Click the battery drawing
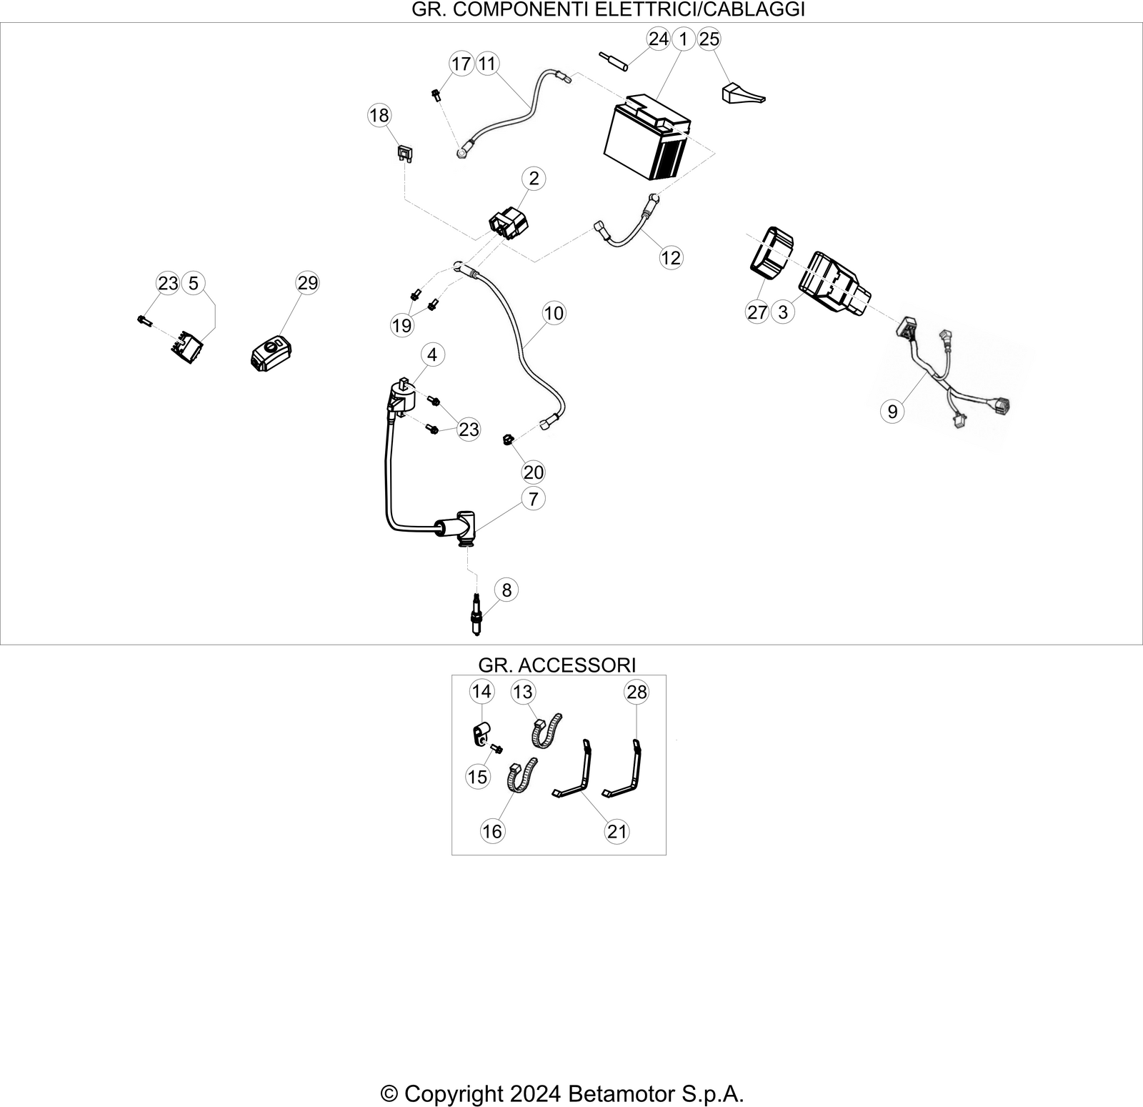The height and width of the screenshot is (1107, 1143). (x=647, y=139)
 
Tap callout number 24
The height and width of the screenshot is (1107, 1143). (x=658, y=39)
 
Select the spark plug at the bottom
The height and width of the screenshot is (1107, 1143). (x=476, y=614)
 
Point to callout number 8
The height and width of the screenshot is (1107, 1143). (x=506, y=590)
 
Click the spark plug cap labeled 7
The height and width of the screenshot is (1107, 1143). (x=459, y=529)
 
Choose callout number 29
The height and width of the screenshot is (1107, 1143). (x=307, y=283)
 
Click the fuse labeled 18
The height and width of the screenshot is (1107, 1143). (x=405, y=154)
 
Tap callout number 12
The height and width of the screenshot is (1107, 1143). (x=671, y=257)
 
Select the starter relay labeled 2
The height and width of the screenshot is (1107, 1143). (x=509, y=221)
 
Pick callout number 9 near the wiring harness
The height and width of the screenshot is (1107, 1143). (x=892, y=411)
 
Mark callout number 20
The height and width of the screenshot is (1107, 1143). (x=534, y=472)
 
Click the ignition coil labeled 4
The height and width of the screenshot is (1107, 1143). (x=402, y=399)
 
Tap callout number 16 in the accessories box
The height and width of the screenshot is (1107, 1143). (x=492, y=831)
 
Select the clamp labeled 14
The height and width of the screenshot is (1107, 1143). (x=480, y=733)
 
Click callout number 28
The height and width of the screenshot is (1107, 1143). (x=636, y=692)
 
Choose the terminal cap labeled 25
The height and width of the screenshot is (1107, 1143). (x=742, y=95)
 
